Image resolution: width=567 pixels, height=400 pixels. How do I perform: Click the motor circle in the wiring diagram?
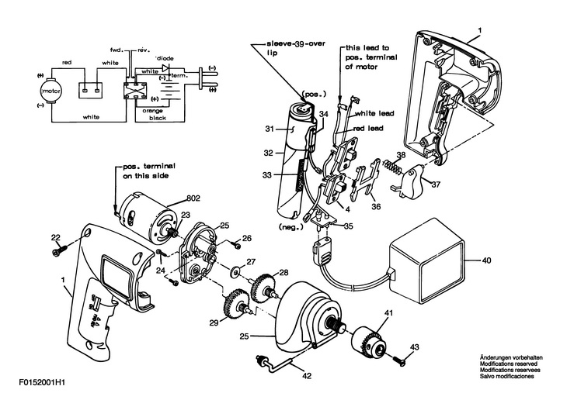51,91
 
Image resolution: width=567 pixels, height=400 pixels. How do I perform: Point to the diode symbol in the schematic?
166,68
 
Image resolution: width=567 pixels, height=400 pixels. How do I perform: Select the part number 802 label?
193,198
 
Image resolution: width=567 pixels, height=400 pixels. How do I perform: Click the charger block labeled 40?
426,260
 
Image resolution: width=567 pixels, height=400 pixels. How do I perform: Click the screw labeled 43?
398,360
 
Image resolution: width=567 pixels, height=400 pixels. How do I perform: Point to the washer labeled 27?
236,269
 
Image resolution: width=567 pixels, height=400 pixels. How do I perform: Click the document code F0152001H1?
42,382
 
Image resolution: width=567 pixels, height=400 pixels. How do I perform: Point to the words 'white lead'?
374,113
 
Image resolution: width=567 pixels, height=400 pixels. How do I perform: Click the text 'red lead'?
368,128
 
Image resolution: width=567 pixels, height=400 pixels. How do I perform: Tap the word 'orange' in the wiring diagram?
152,111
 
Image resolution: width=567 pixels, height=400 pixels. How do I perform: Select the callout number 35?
349,226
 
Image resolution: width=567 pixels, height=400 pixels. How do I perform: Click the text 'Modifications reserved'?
509,364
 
